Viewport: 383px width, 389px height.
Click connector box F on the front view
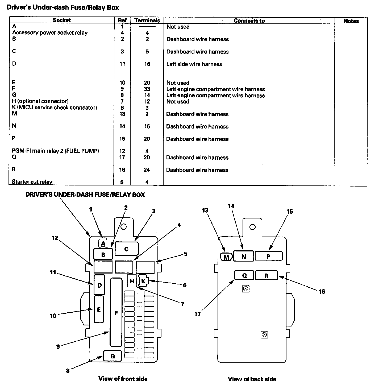tap(116, 312)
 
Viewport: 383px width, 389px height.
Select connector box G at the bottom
tap(113, 356)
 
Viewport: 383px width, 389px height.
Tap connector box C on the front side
tap(127, 249)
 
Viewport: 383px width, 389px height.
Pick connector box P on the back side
tap(269, 256)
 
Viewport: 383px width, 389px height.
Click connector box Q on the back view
tap(244, 275)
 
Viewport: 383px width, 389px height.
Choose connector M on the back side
tap(226, 257)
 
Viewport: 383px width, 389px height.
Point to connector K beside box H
tap(143, 281)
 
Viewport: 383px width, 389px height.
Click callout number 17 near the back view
tap(197, 314)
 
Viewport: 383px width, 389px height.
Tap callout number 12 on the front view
tap(55, 238)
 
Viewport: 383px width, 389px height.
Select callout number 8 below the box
tap(68, 371)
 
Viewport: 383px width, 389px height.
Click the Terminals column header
tap(147, 20)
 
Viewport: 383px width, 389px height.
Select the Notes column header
tap(351, 21)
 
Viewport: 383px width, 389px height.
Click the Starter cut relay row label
tap(32, 182)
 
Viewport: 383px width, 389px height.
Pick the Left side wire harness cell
tap(194, 64)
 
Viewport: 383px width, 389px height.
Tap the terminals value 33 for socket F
tap(147, 89)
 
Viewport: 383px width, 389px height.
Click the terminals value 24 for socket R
tap(147, 170)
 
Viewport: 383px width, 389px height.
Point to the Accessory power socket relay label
tap(50, 33)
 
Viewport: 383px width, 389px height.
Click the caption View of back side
tap(252, 379)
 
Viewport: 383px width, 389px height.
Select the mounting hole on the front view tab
tap(123, 226)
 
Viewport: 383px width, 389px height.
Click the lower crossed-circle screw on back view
tap(264, 334)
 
